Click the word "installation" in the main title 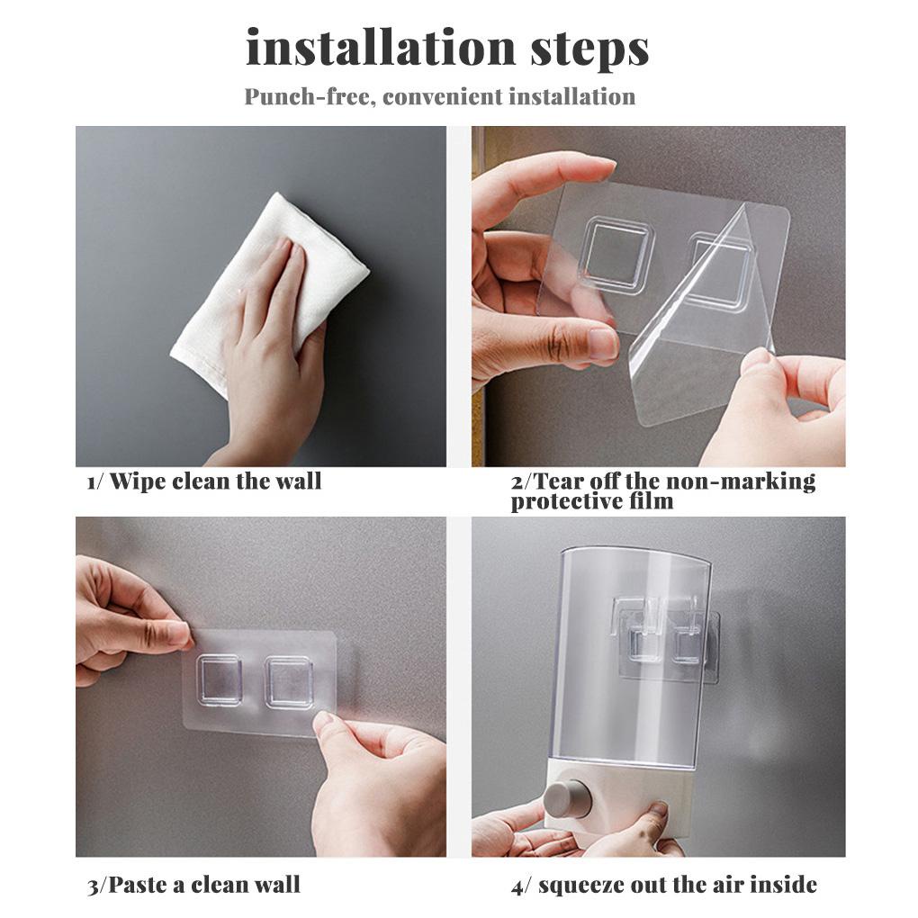point(381,48)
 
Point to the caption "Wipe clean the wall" point(215,481)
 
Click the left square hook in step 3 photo point(219,680)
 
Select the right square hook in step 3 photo point(289,682)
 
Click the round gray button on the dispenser point(565,798)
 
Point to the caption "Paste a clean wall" point(203,885)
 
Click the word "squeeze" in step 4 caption point(580,886)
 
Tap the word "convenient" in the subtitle point(441,96)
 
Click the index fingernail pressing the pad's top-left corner point(178,633)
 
